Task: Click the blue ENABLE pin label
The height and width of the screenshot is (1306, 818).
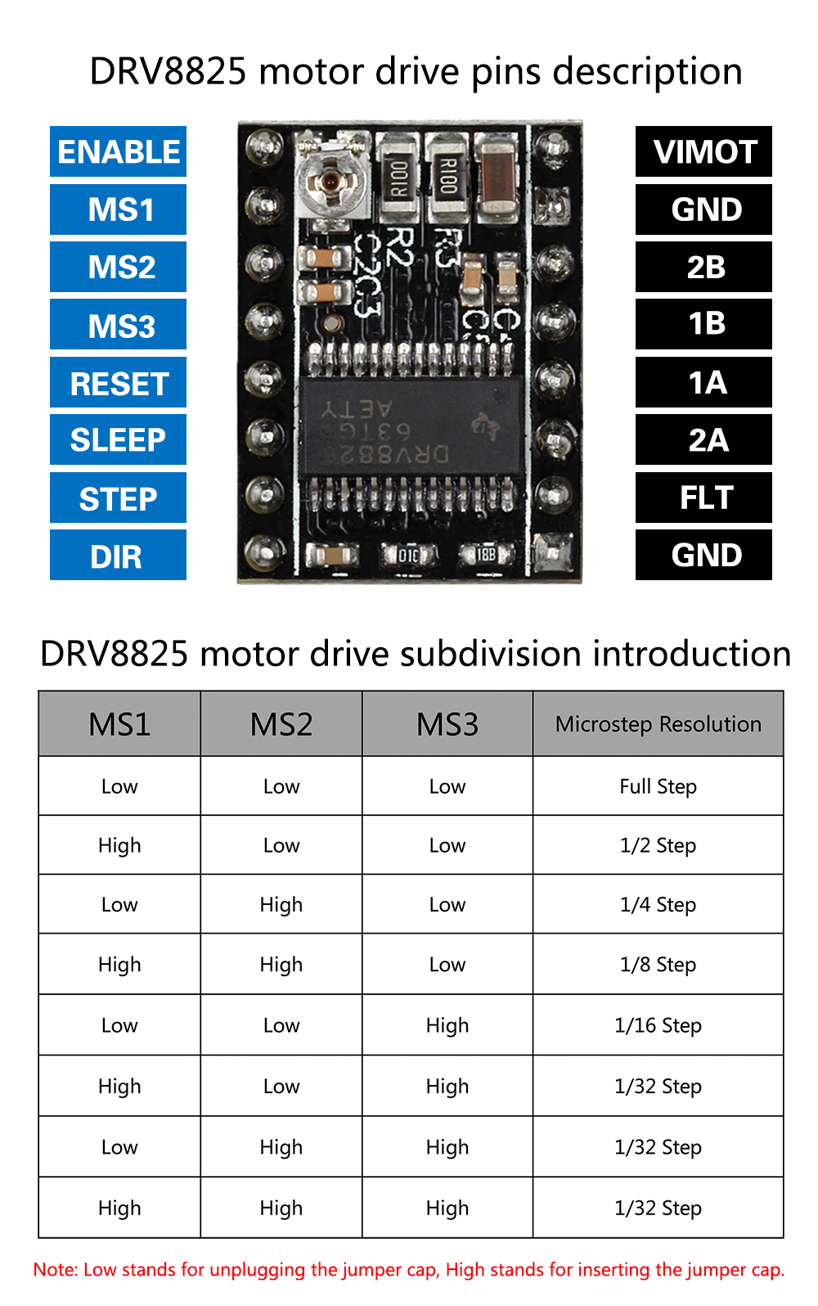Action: coord(118,151)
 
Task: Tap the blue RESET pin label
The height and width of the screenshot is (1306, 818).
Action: coord(118,383)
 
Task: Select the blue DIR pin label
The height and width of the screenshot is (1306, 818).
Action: coord(118,556)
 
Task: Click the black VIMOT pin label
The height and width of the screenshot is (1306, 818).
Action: coord(703,151)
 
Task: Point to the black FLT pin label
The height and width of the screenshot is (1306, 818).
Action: coord(703,498)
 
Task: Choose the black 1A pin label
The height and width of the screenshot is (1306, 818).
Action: coord(703,382)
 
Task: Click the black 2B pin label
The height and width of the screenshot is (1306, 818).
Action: coord(703,267)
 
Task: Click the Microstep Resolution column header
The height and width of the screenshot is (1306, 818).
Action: coord(658,724)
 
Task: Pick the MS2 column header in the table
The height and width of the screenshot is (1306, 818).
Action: coord(281,724)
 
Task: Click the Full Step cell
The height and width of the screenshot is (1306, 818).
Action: coord(658,786)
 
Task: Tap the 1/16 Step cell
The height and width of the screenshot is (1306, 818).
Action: coord(658,1025)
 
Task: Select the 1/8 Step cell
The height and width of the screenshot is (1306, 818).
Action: coord(658,965)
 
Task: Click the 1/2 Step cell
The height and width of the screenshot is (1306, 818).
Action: coord(658,845)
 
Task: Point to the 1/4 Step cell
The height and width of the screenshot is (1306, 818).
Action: coord(658,905)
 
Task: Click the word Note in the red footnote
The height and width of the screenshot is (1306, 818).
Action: coord(55,1270)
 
